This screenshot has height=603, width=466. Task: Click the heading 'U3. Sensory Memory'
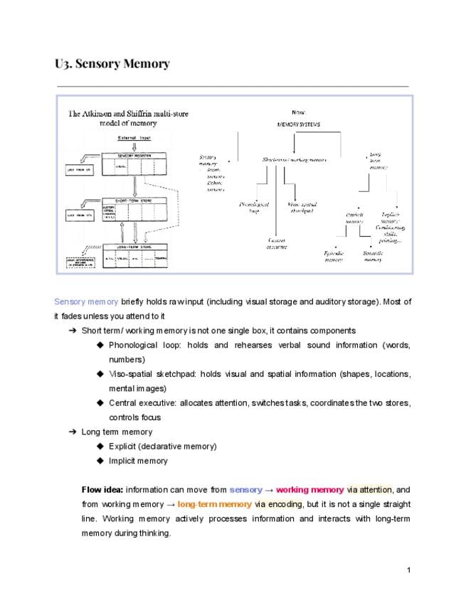click(112, 64)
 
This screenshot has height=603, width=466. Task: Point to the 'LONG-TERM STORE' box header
click(134, 247)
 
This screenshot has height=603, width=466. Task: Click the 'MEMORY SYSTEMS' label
click(299, 124)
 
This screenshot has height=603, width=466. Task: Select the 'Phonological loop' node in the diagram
click(254, 207)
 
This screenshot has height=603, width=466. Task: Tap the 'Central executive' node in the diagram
click(277, 243)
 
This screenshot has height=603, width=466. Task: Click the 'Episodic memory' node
click(334, 256)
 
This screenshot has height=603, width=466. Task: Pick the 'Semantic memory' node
click(373, 256)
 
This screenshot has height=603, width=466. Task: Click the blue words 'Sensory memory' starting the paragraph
click(86, 301)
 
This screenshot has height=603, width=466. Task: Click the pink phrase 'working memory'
click(309, 490)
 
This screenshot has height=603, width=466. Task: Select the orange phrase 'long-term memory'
click(214, 504)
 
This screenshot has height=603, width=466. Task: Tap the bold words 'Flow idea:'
click(102, 490)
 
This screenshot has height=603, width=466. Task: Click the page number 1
click(409, 570)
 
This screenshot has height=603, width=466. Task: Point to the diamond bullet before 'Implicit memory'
click(100, 461)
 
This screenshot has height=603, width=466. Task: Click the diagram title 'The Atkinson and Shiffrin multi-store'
click(128, 114)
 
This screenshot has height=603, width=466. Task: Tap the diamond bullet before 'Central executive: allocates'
click(100, 403)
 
